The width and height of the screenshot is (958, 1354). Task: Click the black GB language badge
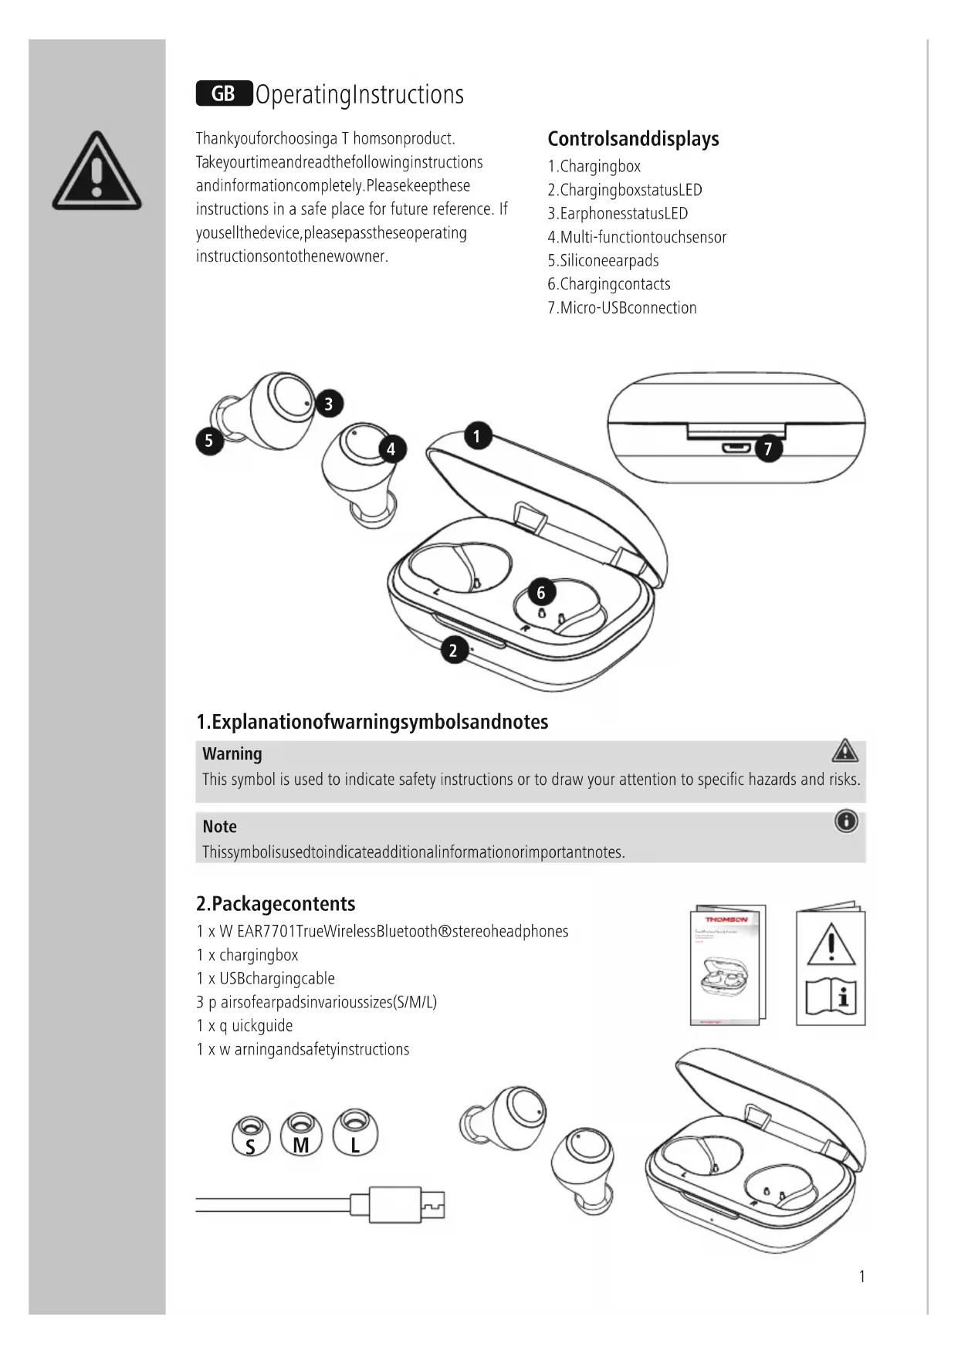click(224, 94)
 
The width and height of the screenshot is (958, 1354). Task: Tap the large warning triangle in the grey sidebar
click(96, 172)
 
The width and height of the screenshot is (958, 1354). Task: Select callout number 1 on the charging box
click(477, 436)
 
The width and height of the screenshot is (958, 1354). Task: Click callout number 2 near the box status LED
click(454, 650)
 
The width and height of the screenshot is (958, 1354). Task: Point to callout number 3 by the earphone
click(329, 404)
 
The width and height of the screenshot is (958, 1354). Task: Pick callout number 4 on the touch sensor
click(391, 449)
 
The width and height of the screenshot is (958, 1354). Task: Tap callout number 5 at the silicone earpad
click(209, 441)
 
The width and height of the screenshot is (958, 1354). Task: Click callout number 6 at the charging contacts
click(541, 592)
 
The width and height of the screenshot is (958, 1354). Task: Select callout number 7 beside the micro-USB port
click(768, 449)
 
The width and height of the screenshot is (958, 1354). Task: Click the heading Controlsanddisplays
click(633, 139)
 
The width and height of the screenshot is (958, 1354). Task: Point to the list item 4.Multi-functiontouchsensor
click(637, 237)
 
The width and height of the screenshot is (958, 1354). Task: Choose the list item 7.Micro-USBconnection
click(622, 308)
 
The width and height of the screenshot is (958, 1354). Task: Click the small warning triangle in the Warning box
click(845, 750)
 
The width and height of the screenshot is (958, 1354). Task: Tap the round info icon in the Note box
click(846, 821)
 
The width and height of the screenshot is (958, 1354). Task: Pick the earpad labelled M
click(301, 1135)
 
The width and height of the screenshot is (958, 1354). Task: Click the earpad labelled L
click(355, 1134)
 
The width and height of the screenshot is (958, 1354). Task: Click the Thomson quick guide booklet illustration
click(727, 965)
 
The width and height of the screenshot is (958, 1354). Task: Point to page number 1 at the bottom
click(862, 1276)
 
